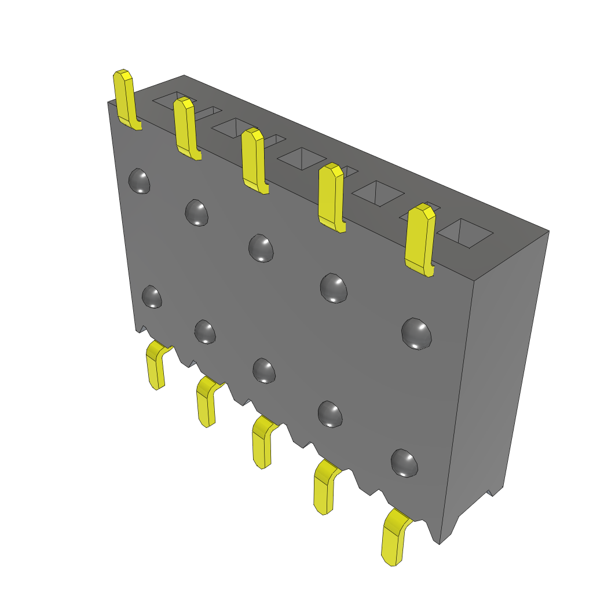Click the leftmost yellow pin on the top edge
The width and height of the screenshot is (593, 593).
coord(125,98)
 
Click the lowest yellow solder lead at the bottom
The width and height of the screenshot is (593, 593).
coord(394,539)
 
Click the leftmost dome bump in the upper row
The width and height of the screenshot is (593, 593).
coord(139,181)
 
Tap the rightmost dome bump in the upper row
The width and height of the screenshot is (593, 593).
coord(417,334)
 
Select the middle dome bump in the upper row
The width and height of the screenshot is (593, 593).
coord(261,247)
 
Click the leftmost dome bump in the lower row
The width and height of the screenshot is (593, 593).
coord(152,296)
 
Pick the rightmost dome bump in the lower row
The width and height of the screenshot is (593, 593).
coord(404,463)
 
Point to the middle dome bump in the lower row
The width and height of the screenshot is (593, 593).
coord(264,371)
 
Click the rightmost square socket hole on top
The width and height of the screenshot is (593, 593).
coord(464,233)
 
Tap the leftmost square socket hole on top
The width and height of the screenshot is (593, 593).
coord(171,100)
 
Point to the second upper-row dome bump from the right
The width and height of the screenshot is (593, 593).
coord(334,287)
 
